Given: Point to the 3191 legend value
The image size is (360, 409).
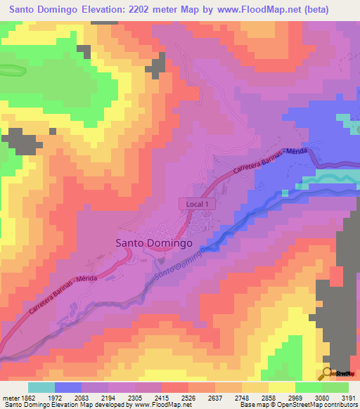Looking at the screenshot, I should (347, 398).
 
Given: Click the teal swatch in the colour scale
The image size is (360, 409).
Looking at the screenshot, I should (41, 387).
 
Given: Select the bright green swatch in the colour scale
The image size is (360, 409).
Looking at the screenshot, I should (308, 387).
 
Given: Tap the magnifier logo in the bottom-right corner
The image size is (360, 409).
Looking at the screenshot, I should (328, 372).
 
